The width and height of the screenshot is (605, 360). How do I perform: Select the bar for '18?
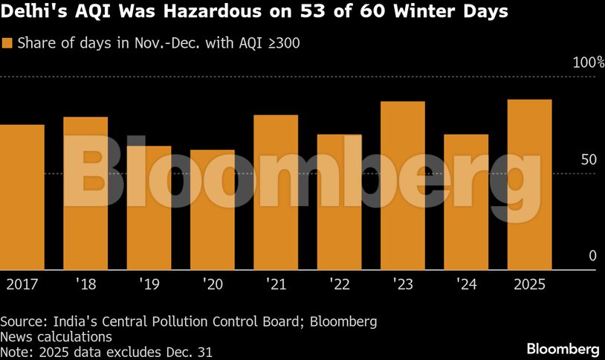[x=85, y=193]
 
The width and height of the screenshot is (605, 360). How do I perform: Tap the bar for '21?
[x=276, y=193]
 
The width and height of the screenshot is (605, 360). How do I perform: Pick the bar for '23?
[x=402, y=186]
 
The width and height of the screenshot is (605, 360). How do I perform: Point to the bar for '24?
[x=466, y=202]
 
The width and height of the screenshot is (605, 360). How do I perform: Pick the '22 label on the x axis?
[x=339, y=285]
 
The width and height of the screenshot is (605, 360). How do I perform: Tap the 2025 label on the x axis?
[x=529, y=285]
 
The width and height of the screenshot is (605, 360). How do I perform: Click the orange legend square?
[x=7, y=42]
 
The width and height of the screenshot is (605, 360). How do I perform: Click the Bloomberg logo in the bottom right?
[x=563, y=348]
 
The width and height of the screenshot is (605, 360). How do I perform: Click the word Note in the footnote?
[x=15, y=351]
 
